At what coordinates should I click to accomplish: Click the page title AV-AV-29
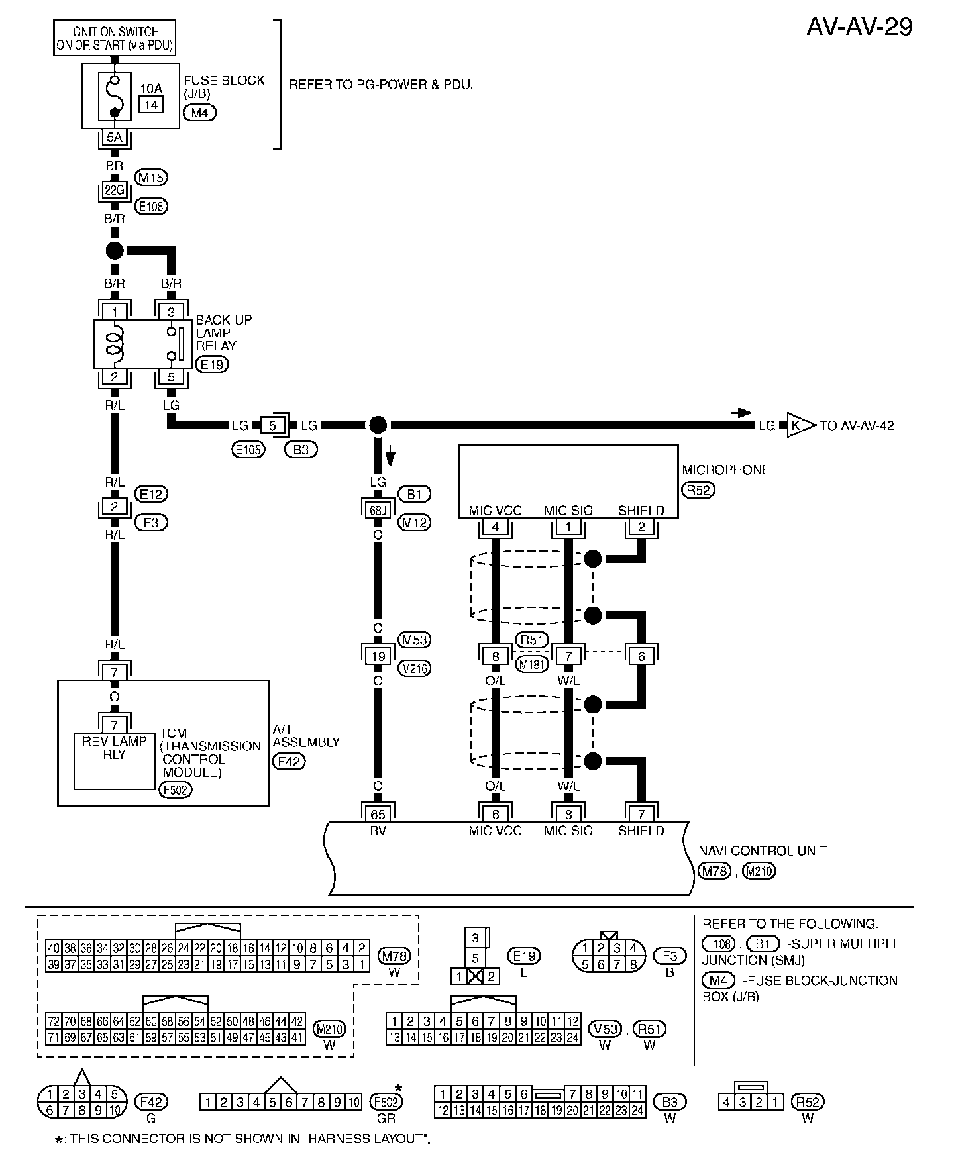(x=859, y=26)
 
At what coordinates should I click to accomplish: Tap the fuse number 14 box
(x=151, y=104)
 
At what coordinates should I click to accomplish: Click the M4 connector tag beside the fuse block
(x=199, y=113)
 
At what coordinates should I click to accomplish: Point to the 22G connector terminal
(x=115, y=191)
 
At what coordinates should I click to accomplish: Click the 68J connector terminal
(x=378, y=510)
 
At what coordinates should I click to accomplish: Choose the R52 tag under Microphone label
(x=698, y=490)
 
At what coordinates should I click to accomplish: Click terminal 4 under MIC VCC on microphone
(x=496, y=527)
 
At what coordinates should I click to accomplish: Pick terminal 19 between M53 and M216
(x=378, y=656)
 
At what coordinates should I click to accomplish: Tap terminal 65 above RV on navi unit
(x=378, y=814)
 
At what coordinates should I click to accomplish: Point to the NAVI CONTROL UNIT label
(x=762, y=850)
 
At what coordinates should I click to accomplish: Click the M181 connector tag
(x=531, y=664)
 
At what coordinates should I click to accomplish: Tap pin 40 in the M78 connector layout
(x=53, y=948)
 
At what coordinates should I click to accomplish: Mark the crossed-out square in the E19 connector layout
(x=475, y=976)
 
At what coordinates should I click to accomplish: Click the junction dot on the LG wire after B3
(x=378, y=425)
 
